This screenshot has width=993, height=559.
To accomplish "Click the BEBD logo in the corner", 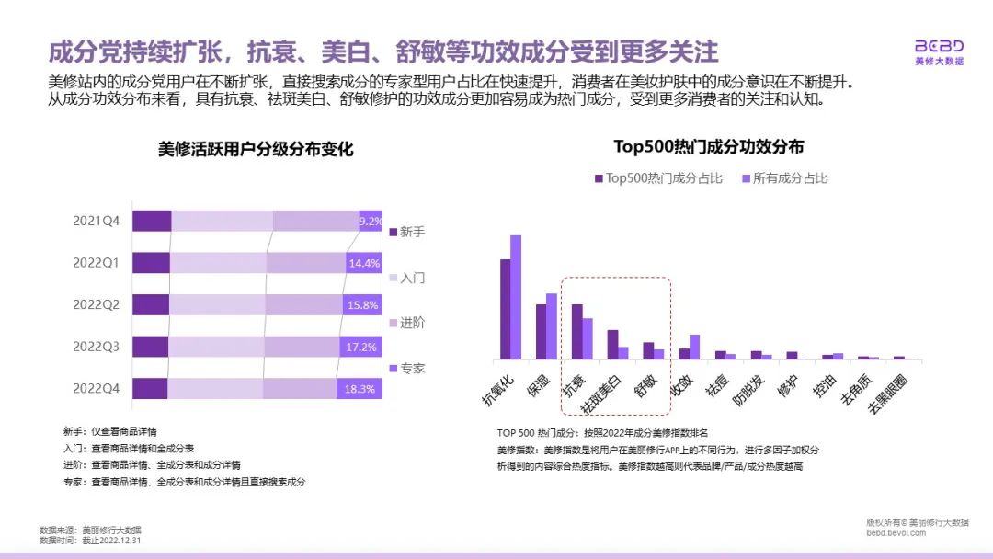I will pyautogui.click(x=939, y=51).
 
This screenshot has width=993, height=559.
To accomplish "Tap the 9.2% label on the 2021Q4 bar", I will pyautogui.click(x=371, y=221).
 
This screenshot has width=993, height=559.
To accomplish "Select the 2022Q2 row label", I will pyautogui.click(x=97, y=304).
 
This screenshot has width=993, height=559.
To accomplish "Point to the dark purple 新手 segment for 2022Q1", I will pyautogui.click(x=151, y=263).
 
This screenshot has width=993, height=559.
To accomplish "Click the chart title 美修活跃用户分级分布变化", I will pyautogui.click(x=256, y=149).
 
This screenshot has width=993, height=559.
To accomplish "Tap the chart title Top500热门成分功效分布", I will pyautogui.click(x=709, y=146).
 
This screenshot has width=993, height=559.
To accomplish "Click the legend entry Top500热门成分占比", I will pyautogui.click(x=656, y=178).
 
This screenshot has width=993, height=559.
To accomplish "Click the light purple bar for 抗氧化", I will pyautogui.click(x=516, y=297).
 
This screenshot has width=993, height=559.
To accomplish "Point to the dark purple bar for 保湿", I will pyautogui.click(x=541, y=331).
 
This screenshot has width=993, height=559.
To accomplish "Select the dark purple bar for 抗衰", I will pyautogui.click(x=576, y=331).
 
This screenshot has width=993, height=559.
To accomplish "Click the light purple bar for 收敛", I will pyautogui.click(x=694, y=347).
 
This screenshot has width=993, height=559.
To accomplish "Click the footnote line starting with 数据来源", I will pyautogui.click(x=91, y=530).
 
